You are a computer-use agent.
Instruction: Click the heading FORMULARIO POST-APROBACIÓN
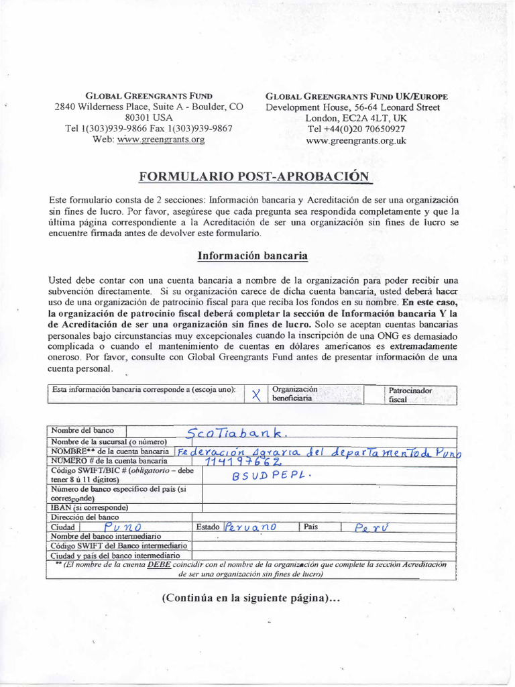pyautogui.click(x=254, y=176)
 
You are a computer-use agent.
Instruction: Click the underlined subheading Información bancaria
pyautogui.click(x=252, y=256)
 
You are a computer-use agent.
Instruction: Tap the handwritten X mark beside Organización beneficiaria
pyautogui.click(x=255, y=394)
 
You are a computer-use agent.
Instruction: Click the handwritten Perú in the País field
pyautogui.click(x=371, y=527)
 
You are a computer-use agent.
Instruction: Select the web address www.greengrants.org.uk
pyautogui.click(x=355, y=141)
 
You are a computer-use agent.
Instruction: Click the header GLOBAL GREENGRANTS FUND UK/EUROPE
pyautogui.click(x=357, y=97)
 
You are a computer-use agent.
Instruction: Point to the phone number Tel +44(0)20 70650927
pyautogui.click(x=356, y=129)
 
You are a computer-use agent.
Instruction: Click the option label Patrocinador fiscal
pyautogui.click(x=410, y=394)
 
